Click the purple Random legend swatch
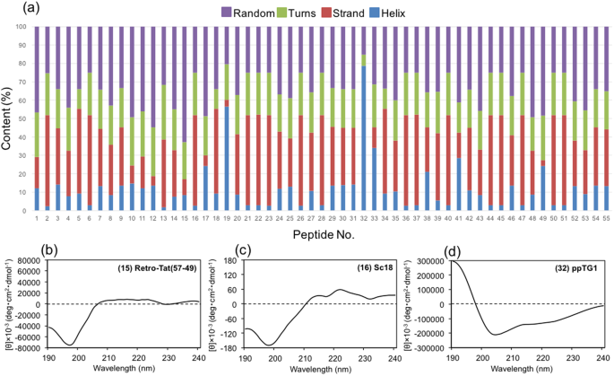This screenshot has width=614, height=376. pos(202,12)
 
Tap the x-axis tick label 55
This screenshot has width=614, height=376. pos(605,218)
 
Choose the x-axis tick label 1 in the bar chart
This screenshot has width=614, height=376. pos(37,218)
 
